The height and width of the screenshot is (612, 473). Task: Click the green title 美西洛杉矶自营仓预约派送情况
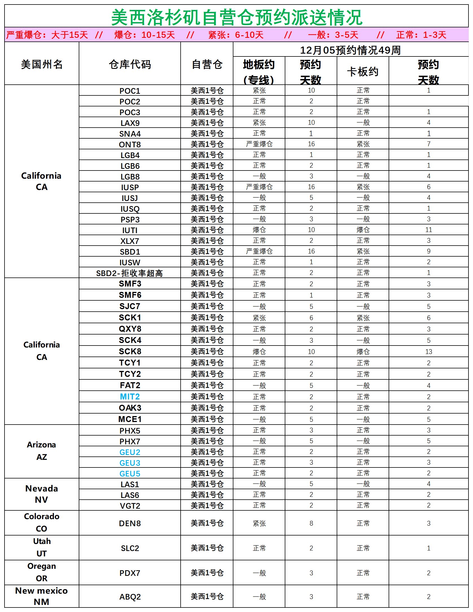[236, 17]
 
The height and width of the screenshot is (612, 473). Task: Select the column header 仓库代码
[130, 65]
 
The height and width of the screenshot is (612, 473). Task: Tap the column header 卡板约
[363, 72]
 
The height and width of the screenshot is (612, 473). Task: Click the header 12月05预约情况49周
[350, 50]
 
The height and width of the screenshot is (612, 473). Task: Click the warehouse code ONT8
[130, 145]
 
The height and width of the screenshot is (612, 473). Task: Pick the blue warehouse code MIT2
[130, 397]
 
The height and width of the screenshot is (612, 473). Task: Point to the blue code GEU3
[130, 463]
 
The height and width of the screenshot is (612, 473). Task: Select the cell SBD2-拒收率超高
[130, 273]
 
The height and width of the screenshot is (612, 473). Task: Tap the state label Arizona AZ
[41, 451]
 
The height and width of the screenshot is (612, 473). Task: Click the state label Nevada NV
[41, 494]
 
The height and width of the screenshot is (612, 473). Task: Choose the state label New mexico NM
[41, 596]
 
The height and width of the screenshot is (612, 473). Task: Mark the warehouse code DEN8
[130, 523]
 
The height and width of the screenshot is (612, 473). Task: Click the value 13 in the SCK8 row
[428, 352]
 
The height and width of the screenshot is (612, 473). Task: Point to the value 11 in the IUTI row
[428, 230]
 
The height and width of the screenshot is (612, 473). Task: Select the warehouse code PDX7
[130, 573]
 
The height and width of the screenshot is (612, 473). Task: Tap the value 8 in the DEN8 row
[311, 523]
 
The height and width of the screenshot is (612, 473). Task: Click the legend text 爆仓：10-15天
[144, 35]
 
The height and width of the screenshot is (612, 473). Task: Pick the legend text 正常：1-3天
[421, 35]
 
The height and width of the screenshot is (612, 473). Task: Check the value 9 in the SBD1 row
[428, 251]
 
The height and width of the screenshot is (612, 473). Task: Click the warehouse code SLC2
[130, 548]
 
